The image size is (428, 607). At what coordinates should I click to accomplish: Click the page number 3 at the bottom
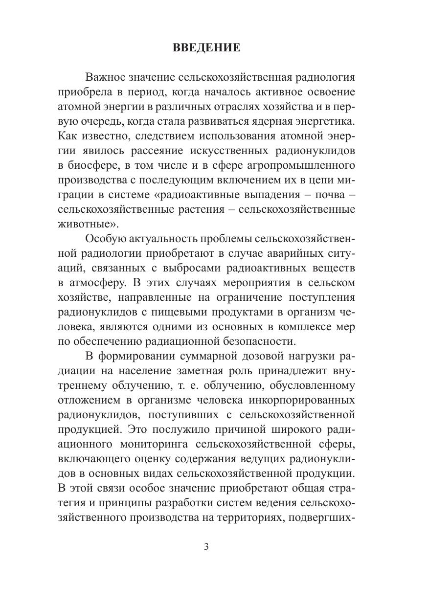206,547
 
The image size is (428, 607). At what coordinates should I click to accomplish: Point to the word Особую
104,239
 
